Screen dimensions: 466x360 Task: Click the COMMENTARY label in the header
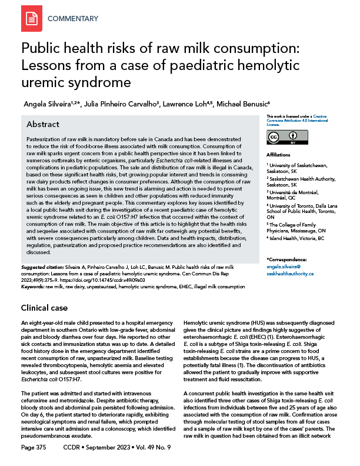click(x=73, y=19)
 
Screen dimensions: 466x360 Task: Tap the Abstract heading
click(x=44, y=125)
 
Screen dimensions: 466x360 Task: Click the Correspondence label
click(x=286, y=259)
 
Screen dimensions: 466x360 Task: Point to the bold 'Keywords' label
click(x=34, y=287)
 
